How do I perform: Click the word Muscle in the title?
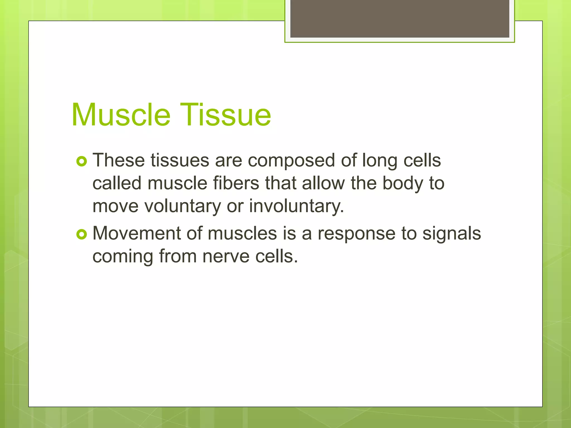[121, 115]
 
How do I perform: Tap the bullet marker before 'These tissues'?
[82, 161]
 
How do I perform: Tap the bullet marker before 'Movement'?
[82, 234]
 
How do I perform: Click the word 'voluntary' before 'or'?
[183, 207]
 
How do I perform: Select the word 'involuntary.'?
[296, 207]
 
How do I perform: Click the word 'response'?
[357, 234]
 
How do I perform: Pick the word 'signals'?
[451, 234]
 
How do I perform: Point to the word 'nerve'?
[226, 256]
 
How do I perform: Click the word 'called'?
[117, 183]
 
